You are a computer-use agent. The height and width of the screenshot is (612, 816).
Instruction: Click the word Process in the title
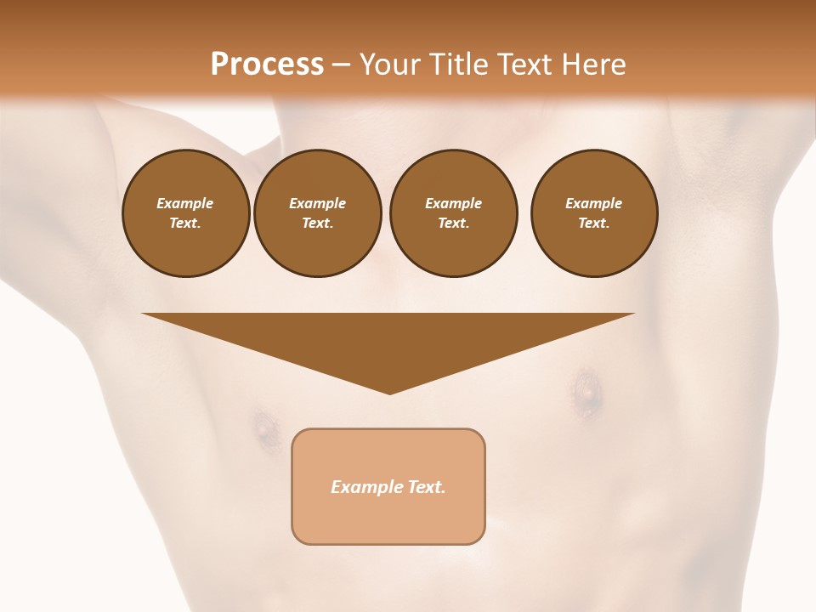pos(267,65)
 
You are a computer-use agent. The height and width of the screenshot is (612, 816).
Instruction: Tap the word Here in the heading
pos(593,65)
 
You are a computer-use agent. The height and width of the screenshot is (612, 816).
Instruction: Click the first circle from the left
pos(185,213)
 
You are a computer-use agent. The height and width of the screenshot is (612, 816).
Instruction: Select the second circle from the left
pos(317,213)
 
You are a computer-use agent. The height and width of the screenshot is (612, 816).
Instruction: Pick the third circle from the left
pos(453,213)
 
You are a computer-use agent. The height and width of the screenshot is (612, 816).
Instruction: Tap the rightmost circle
pos(594,213)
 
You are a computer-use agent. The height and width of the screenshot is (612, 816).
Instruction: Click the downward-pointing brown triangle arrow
pos(388,340)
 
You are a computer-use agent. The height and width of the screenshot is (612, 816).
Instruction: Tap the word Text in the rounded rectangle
pos(427,487)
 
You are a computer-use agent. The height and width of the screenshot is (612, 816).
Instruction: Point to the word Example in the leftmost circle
pos(185,203)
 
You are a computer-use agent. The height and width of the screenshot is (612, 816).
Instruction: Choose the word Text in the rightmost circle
pos(594,224)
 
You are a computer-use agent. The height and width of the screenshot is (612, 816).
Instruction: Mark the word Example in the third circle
pos(453,203)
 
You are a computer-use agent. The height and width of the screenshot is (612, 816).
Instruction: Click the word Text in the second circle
pos(317,224)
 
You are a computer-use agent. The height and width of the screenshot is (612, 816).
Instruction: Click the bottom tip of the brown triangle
pos(389,392)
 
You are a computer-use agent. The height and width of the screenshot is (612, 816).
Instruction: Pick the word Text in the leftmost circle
pos(185,224)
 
